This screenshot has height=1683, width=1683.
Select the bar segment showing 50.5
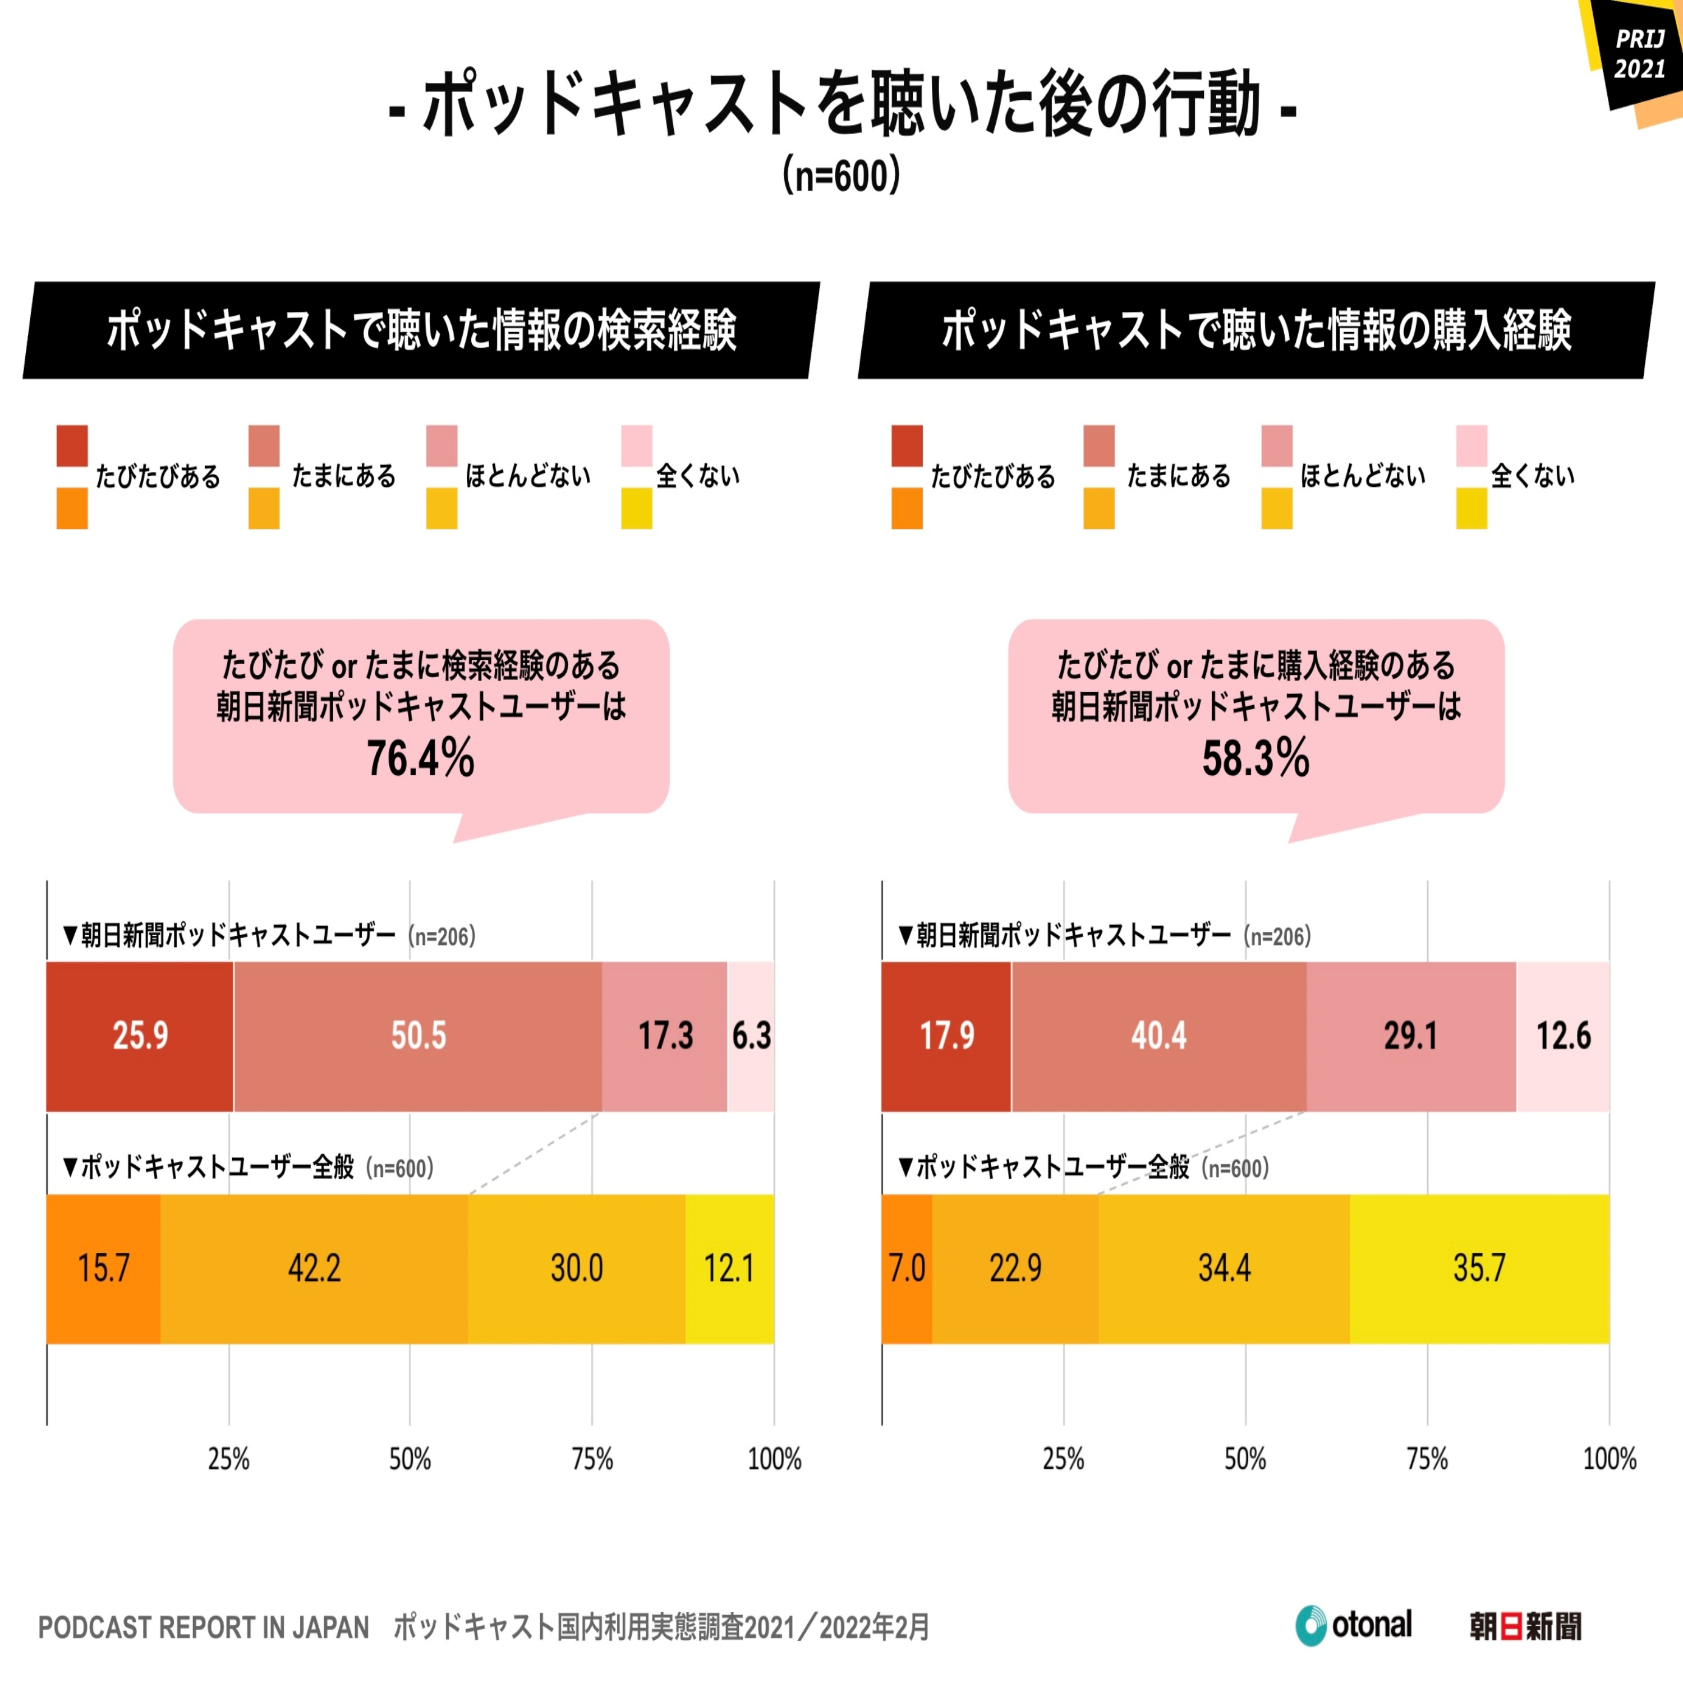(x=417, y=1036)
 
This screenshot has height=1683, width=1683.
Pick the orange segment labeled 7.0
(x=907, y=1268)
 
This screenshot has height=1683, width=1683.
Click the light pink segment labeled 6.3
(x=751, y=1036)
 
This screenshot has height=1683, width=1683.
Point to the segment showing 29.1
(x=1410, y=1036)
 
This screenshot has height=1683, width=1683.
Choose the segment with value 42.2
(x=314, y=1268)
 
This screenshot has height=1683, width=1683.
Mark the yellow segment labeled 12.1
(x=729, y=1268)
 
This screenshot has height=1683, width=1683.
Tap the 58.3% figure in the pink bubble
(x=1256, y=758)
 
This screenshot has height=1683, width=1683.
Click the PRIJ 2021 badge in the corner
(x=1639, y=54)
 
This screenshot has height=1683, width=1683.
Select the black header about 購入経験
(x=1256, y=330)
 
